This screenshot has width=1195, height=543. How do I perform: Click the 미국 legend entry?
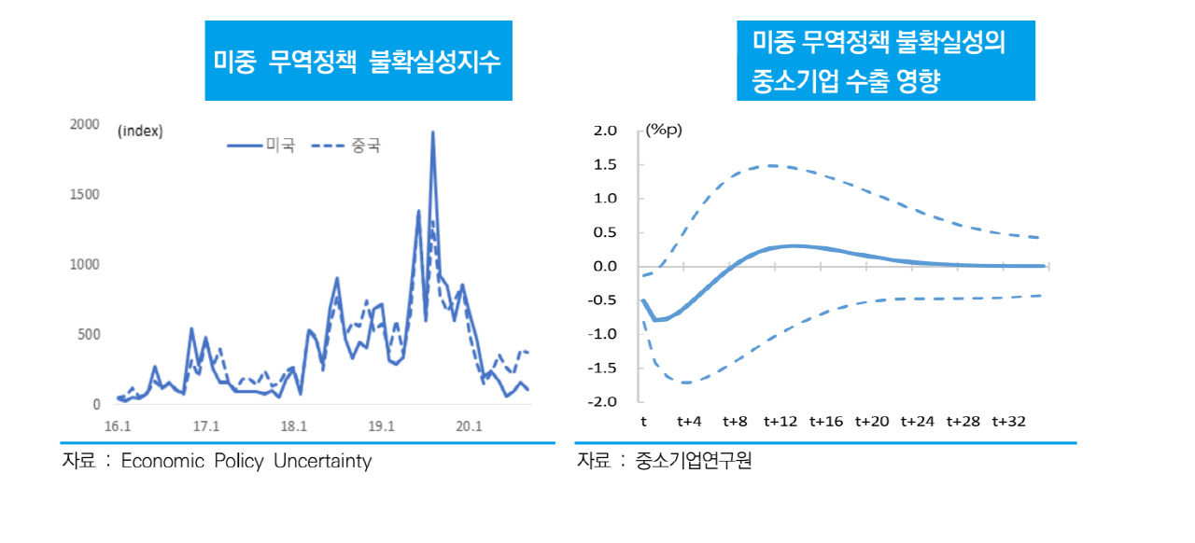click(x=260, y=145)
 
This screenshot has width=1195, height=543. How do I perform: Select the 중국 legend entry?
click(x=345, y=146)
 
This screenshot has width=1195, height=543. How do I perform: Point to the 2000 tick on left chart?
click(x=85, y=124)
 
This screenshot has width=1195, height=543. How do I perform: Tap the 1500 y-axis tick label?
click(x=85, y=194)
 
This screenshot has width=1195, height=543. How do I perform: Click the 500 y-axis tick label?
click(x=89, y=334)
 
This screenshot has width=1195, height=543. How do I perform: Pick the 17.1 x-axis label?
click(x=206, y=426)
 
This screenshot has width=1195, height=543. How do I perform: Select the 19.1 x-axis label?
click(x=381, y=426)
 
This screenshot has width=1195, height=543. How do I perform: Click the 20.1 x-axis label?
click(x=469, y=426)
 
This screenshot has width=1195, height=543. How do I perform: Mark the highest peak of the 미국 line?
click(x=432, y=132)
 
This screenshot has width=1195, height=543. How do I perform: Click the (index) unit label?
click(x=140, y=132)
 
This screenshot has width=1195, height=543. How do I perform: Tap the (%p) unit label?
click(x=664, y=130)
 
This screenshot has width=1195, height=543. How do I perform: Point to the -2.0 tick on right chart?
click(x=602, y=401)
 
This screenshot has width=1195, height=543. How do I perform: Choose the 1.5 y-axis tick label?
click(x=605, y=165)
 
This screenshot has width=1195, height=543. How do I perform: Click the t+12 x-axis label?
click(x=780, y=422)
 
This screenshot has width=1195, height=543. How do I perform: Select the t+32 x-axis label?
click(x=1009, y=422)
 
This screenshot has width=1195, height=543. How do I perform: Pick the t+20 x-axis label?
click(x=872, y=422)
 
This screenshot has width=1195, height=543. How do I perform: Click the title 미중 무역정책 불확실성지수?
click(x=357, y=62)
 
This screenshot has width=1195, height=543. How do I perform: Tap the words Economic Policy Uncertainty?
click(x=246, y=461)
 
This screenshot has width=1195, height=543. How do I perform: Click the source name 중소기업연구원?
click(x=693, y=460)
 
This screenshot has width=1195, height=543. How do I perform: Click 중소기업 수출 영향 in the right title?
click(x=846, y=81)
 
